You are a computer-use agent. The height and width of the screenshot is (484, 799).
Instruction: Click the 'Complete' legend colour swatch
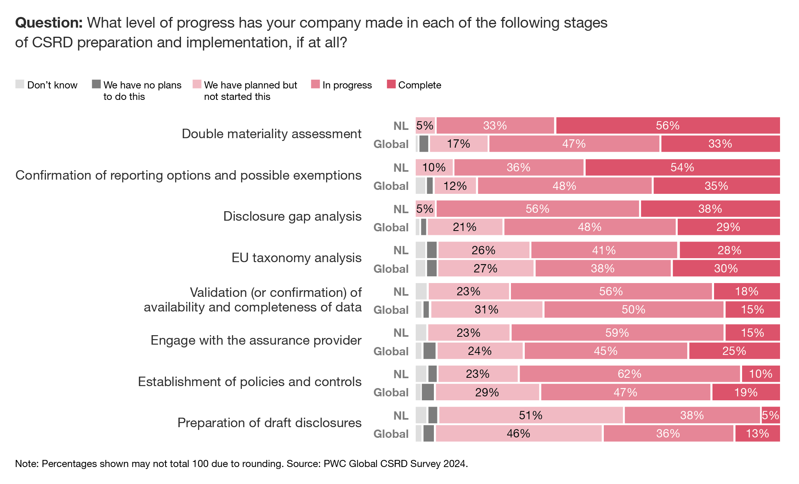tap(391, 84)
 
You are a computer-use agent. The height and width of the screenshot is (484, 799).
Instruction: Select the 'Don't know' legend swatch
tap(20, 84)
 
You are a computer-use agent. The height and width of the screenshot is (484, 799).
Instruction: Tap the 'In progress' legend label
tap(347, 85)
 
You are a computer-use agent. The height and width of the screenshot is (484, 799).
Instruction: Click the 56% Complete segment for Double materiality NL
tap(668, 126)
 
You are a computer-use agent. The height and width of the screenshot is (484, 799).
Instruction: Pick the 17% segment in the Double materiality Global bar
tap(459, 144)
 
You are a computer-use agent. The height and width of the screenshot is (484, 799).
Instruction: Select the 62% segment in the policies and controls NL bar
tap(629, 374)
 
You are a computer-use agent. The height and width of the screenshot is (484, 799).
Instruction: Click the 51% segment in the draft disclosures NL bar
tap(531, 415)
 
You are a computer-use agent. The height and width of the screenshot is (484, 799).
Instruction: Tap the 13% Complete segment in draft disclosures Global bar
tap(757, 433)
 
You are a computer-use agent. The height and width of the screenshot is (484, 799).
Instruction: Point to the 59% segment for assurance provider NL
tap(617, 333)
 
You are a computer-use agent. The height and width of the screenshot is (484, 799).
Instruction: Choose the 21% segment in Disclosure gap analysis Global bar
tap(465, 227)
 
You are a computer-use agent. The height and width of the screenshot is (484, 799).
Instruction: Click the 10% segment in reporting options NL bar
tap(434, 167)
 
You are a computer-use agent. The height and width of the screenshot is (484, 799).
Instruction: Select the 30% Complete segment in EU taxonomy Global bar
tap(726, 268)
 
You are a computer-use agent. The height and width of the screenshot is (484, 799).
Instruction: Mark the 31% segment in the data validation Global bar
tap(486, 310)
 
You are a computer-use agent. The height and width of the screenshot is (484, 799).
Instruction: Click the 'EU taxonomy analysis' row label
tap(296, 258)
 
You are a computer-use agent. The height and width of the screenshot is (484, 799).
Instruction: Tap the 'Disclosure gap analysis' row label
tap(292, 216)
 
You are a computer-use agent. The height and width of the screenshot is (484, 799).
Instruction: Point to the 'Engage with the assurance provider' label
tap(256, 340)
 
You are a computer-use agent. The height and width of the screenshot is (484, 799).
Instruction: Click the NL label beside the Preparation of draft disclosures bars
tap(401, 415)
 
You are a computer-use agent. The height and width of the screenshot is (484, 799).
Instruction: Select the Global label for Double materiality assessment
tap(391, 144)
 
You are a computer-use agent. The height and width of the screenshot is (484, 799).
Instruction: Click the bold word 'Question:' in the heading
tap(49, 23)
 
